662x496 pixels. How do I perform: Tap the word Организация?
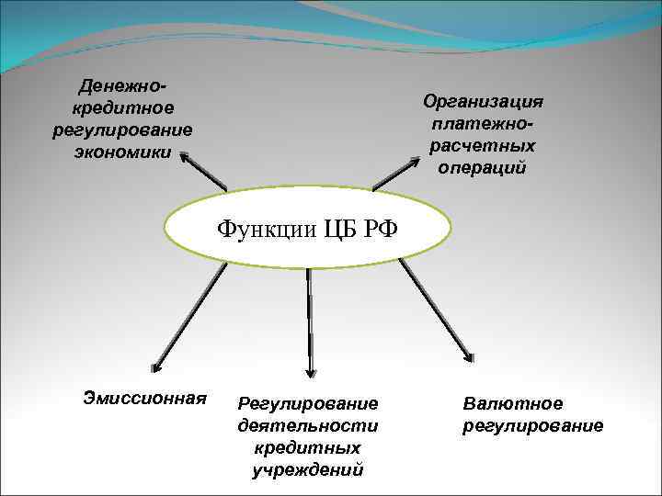483,102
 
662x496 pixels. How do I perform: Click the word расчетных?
483,146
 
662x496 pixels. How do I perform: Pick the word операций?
483,168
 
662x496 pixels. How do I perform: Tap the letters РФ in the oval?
382,227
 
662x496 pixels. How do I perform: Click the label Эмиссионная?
144,398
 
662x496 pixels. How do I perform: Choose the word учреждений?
308,470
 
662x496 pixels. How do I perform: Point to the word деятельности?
308,426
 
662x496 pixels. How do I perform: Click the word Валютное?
513,404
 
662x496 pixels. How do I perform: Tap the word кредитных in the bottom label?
308,448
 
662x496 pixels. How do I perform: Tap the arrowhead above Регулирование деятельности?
310,371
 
